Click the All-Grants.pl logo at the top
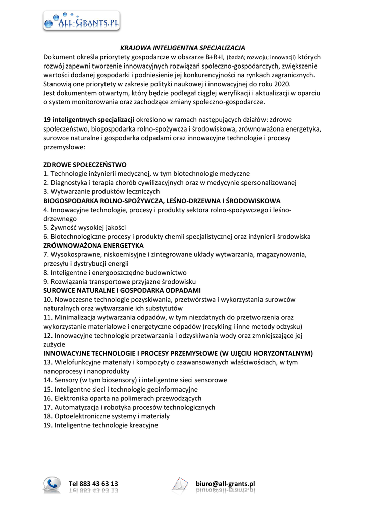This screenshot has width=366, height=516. (81, 22)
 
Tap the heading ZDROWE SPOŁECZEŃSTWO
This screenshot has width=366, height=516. (85, 165)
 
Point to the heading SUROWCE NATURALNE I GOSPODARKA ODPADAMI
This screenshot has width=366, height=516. (122, 291)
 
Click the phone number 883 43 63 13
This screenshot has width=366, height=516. (93, 484)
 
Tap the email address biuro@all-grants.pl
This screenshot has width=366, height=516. (226, 484)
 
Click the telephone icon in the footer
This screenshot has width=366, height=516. (52, 485)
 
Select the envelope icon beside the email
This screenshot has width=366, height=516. (180, 485)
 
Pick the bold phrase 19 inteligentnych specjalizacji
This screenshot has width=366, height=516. (89, 120)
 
